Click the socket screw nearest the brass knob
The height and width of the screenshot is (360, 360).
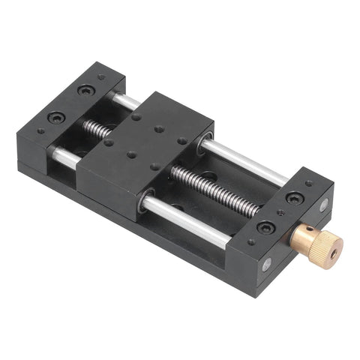[x=265, y=227]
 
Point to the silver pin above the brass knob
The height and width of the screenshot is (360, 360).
[x=323, y=205]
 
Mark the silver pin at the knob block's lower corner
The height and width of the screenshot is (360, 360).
[x=267, y=263]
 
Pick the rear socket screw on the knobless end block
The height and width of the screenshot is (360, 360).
[x=87, y=90]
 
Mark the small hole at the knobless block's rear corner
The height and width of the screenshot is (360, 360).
[x=100, y=76]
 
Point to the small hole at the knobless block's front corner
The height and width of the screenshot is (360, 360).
[x=40, y=130]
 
